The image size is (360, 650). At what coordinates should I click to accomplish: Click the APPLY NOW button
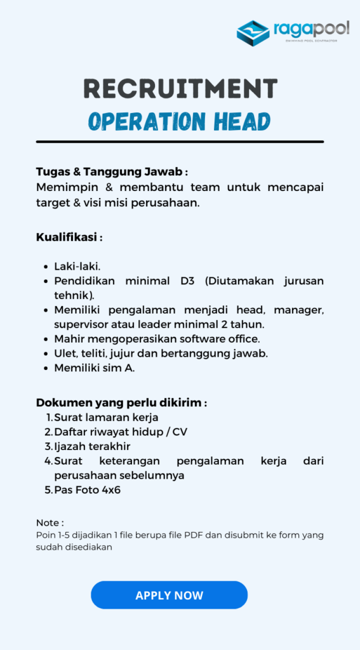pos(169,595)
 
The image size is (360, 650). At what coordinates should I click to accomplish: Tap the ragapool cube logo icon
pos(253,33)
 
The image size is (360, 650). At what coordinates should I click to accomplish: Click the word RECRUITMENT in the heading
pos(180,88)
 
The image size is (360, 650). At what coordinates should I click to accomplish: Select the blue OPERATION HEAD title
pos(180,121)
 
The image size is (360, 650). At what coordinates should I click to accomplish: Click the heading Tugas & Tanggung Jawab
pos(112,172)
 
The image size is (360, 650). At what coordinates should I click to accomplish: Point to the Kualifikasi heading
pos(69,237)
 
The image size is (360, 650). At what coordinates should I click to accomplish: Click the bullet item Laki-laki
pos(77,267)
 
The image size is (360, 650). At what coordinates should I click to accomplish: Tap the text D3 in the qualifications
pos(187,281)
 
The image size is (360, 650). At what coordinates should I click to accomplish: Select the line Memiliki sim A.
pos(94,368)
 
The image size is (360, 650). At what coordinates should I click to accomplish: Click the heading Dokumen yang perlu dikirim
pos(121,402)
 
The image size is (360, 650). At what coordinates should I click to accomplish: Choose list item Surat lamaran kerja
pos(106,417)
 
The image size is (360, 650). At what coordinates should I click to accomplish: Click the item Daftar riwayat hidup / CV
pos(121,432)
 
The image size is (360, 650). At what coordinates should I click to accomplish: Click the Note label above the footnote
pos(50,522)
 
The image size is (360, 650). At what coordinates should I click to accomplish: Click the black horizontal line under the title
pos(180,142)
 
